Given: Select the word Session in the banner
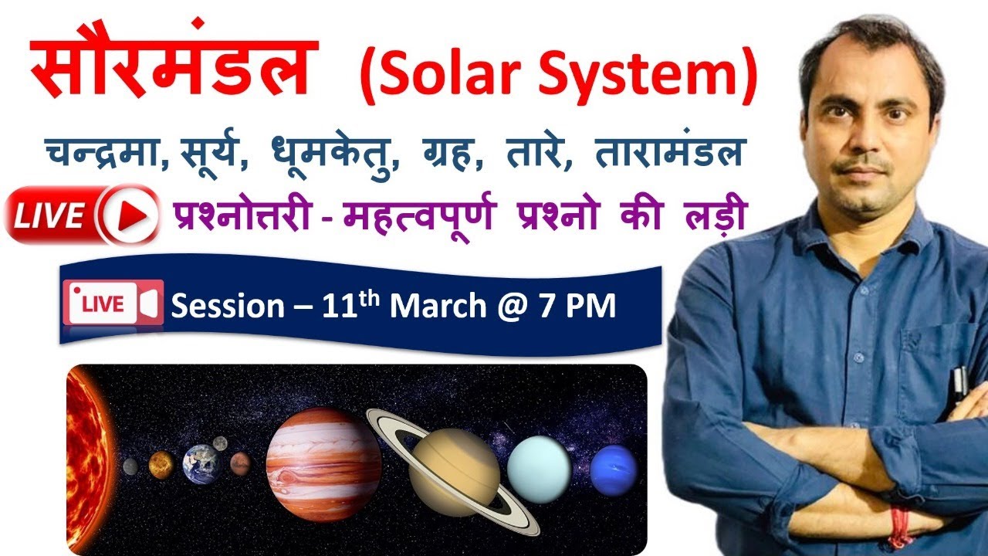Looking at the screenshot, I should [228, 307].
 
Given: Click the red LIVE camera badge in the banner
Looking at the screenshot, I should [115, 303].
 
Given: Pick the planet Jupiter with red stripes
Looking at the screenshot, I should [323, 464].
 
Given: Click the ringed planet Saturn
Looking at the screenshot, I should [455, 472].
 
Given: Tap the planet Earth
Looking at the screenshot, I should [201, 464].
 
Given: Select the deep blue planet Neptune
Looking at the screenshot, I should [614, 470].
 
